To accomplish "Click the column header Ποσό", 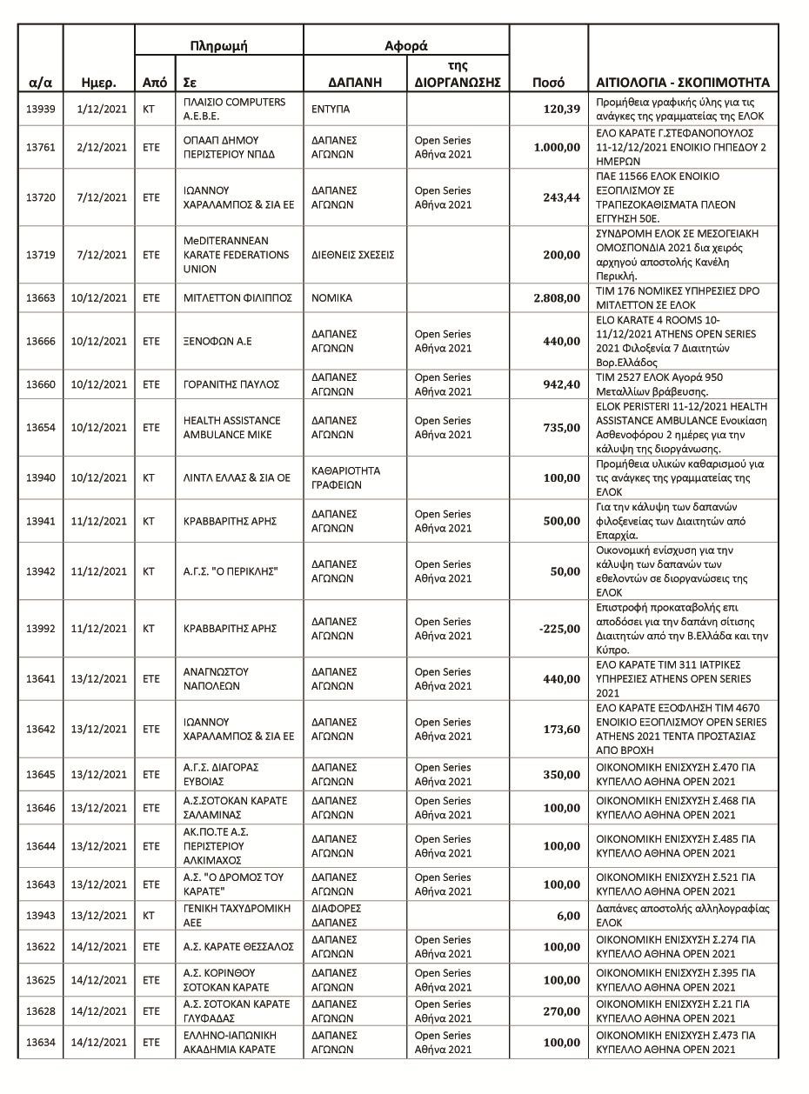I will (x=548, y=83).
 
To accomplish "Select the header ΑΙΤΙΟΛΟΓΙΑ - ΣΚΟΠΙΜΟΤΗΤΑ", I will (x=682, y=83).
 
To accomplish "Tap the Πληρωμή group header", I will (x=218, y=46).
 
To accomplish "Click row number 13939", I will (x=41, y=109).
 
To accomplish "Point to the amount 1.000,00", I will (x=557, y=147).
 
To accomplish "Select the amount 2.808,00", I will (x=557, y=298).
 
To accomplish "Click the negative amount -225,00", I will (x=559, y=629).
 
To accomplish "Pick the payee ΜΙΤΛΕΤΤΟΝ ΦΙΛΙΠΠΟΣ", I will (x=237, y=298).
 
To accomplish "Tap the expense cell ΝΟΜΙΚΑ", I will (x=331, y=298).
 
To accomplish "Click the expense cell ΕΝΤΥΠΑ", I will (x=331, y=110).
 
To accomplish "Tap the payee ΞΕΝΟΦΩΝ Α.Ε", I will (x=217, y=342).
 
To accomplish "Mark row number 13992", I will (x=41, y=629).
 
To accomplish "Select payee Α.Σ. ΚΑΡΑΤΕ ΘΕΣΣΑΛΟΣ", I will (x=238, y=947).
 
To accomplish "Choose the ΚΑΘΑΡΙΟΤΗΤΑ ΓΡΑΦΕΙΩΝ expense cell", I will (x=346, y=477).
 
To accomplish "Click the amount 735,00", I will (x=561, y=428).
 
